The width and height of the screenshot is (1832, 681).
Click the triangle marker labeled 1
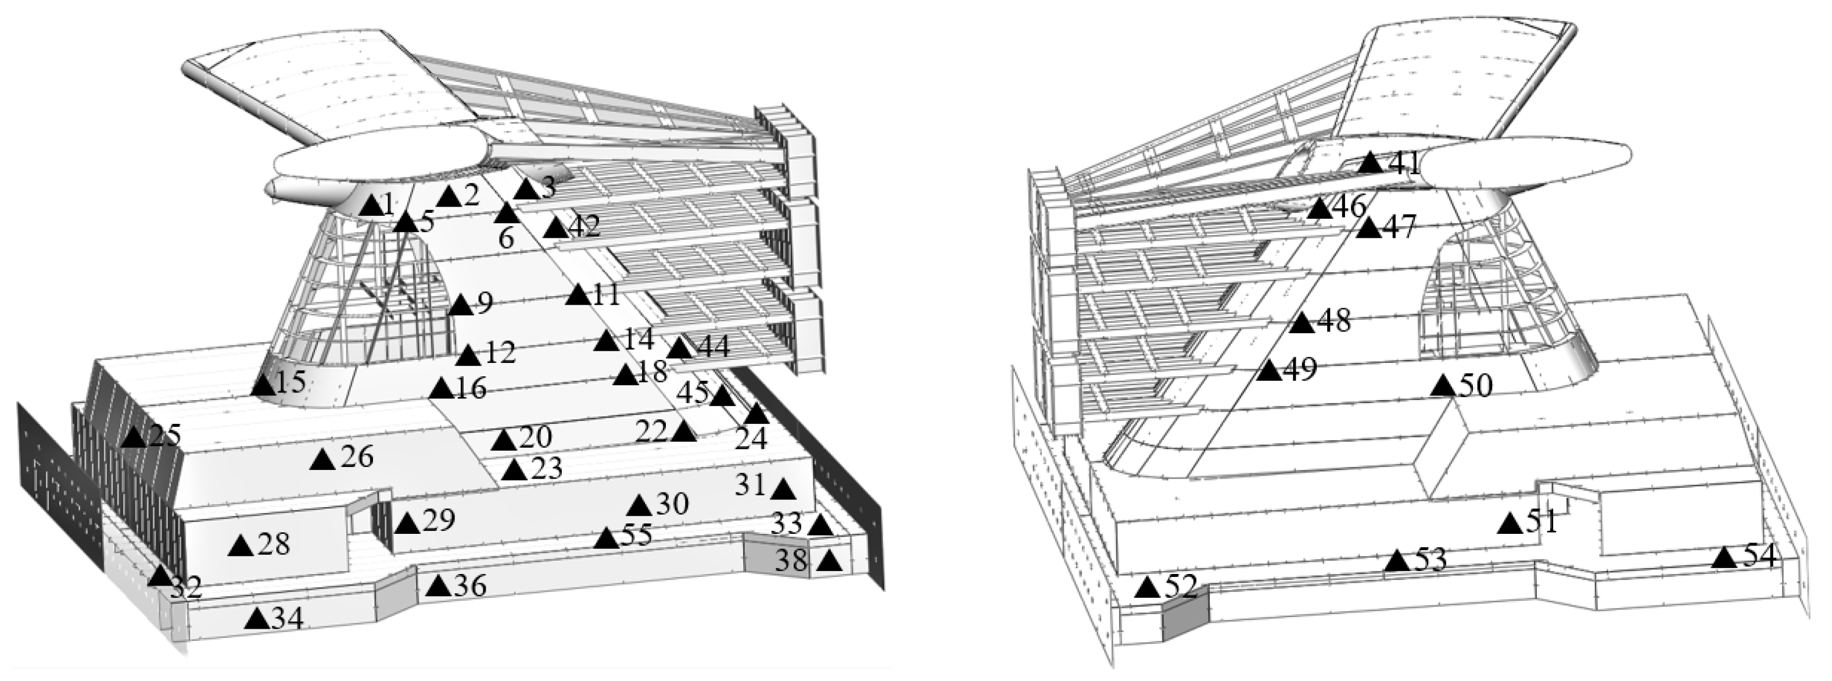pos(371,206)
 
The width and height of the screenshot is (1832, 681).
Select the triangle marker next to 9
pos(461,306)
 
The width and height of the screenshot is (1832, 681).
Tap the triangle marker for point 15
pos(263,386)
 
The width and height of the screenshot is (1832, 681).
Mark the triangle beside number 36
pos(439,586)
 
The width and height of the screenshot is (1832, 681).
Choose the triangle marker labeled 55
pos(607,538)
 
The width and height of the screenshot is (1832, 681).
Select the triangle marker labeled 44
pos(680,347)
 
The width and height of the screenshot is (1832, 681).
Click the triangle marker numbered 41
pos(1371,162)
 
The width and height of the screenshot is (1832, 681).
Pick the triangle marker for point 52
pos(1147,588)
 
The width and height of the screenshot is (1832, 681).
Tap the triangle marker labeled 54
pos(1723,557)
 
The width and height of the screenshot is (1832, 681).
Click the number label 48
pos(1334,322)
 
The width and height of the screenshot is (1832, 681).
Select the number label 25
pos(164,435)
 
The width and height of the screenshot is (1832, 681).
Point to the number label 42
pos(584,226)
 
